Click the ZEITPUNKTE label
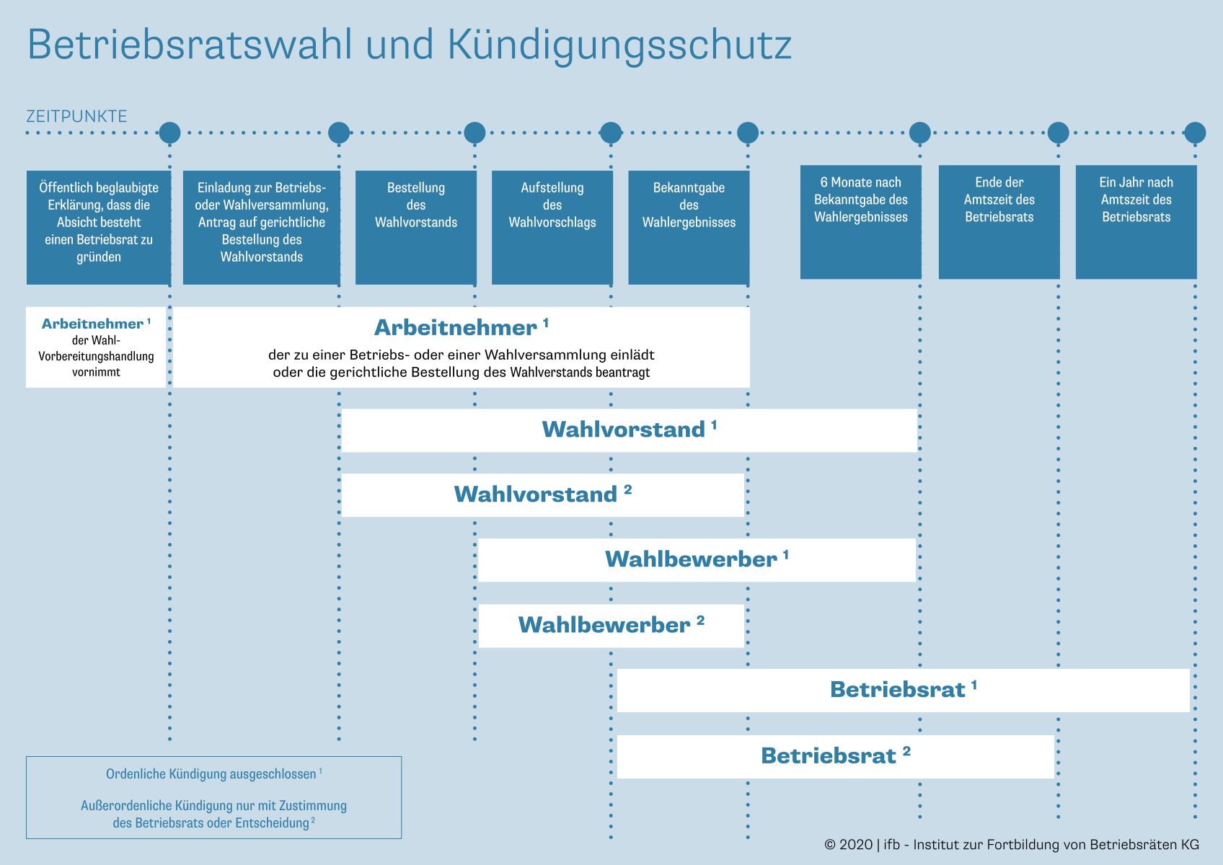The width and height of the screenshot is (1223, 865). [76, 116]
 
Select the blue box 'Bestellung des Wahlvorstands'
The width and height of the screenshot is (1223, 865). [416, 228]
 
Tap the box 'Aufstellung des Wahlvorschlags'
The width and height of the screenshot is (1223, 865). [552, 228]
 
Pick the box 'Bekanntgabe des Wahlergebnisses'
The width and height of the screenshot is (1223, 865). [689, 228]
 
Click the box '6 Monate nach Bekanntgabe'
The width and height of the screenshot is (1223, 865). [860, 222]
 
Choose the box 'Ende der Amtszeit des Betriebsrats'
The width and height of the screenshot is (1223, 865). [999, 222]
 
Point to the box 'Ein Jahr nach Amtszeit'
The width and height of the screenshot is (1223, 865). [1136, 222]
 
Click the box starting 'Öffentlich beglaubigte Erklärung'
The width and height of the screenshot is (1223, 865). [99, 228]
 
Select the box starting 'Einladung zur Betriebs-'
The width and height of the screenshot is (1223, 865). [262, 228]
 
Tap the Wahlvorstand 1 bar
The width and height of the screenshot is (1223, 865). [629, 430]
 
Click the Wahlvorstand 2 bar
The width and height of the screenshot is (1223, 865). [543, 495]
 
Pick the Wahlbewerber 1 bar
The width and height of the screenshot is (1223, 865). [697, 560]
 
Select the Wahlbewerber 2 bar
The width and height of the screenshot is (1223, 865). [611, 626]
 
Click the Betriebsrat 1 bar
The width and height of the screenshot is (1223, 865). [903, 691]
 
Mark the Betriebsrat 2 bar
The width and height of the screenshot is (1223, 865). [835, 756]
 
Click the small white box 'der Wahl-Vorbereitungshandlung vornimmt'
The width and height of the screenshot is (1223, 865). [96, 347]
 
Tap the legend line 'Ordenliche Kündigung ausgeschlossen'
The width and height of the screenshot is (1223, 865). [213, 774]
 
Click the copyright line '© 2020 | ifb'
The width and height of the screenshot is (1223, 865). [1012, 845]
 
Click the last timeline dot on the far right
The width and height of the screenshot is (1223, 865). [1195, 133]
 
